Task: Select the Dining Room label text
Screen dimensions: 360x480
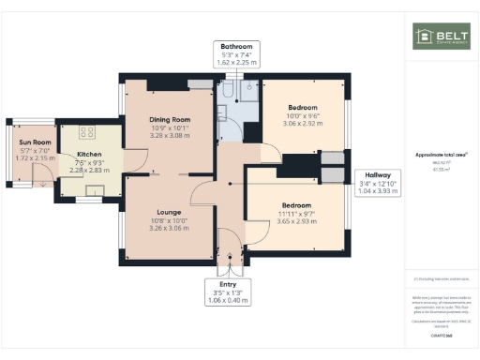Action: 170,120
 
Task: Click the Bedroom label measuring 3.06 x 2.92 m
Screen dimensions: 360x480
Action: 302,108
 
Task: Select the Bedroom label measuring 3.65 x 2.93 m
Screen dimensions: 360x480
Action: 294,205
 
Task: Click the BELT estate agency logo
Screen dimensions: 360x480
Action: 442,37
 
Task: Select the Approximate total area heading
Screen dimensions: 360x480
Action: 441,155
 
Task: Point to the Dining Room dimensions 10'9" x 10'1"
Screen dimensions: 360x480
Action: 170,127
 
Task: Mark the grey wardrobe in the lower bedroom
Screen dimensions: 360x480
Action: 331,174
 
